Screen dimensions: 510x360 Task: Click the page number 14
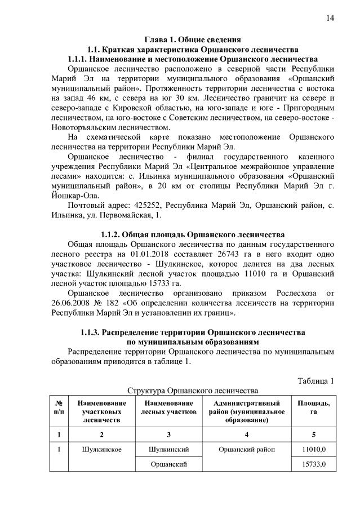pos(330,18)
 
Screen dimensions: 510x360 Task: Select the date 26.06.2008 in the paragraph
pos(87,303)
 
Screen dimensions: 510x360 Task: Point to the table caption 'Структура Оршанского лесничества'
pos(193,390)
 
